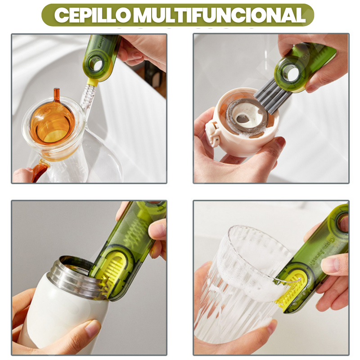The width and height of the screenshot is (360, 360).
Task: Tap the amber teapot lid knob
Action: (x=56, y=94)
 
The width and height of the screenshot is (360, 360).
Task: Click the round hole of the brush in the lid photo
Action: (x=290, y=73)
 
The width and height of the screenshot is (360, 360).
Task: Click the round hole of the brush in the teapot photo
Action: (x=95, y=63)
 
